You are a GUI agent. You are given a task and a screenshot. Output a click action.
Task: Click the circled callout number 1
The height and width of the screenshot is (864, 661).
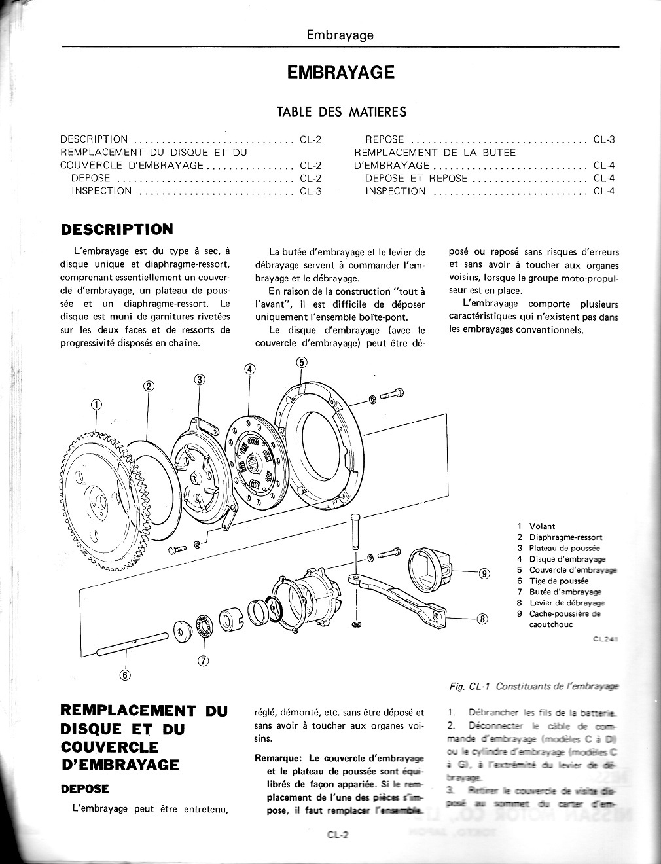(97, 405)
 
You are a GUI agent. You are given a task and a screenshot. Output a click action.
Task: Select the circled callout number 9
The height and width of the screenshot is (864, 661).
(484, 574)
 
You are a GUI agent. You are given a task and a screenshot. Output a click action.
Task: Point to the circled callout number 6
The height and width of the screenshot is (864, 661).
(125, 675)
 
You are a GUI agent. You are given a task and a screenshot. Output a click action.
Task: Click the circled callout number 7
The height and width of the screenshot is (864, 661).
(203, 661)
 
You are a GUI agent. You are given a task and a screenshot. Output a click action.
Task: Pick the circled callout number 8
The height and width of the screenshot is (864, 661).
(482, 619)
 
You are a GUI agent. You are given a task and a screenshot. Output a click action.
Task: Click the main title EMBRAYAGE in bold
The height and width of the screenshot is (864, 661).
(340, 72)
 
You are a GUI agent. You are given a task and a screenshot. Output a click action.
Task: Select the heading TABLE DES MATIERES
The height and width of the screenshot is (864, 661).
(342, 112)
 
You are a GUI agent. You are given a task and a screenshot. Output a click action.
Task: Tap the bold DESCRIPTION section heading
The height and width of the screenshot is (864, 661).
(116, 229)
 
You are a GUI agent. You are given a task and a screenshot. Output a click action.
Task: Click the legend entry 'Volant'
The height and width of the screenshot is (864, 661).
(542, 526)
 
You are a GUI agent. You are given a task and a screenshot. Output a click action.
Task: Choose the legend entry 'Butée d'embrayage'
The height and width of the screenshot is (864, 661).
(565, 592)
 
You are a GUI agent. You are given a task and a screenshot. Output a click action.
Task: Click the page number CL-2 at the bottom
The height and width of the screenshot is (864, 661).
(340, 835)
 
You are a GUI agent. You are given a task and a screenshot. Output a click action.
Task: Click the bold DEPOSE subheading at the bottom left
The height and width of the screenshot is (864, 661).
(84, 789)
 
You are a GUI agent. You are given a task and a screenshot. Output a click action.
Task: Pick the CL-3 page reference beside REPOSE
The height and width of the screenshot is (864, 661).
(604, 139)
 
